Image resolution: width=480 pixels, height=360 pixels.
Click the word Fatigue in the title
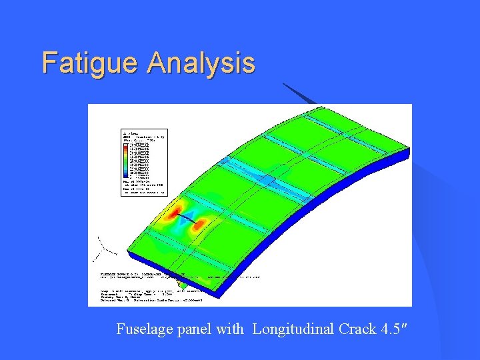click(91, 63)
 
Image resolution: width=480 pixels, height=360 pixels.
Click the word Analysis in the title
click(201, 63)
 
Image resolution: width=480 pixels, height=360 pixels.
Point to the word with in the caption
click(230, 329)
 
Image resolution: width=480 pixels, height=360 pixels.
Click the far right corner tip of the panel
click(407, 152)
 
